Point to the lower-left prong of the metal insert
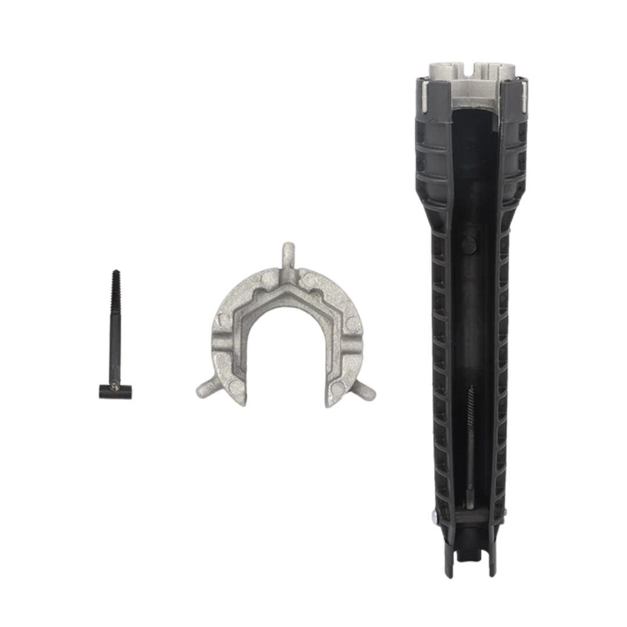204,389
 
